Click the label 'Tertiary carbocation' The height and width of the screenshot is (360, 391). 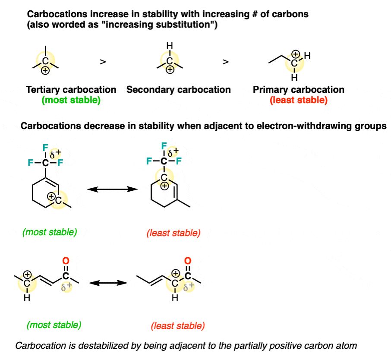pos(71,90)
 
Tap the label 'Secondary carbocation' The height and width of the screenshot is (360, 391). pos(179,90)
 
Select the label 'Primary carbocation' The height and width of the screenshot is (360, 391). pos(299,90)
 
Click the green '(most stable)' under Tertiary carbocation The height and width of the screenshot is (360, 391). pos(71,101)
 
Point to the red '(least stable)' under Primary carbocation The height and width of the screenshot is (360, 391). pos(299,101)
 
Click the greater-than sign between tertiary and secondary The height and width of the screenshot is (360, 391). pos(103,62)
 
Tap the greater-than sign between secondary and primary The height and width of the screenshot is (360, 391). pos(225,62)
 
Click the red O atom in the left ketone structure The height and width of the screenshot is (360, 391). pos(66,261)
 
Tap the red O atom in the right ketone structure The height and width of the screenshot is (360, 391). pos(188,261)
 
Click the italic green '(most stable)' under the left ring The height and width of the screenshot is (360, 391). pos(50,232)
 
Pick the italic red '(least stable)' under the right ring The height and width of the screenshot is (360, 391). pos(173,233)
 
